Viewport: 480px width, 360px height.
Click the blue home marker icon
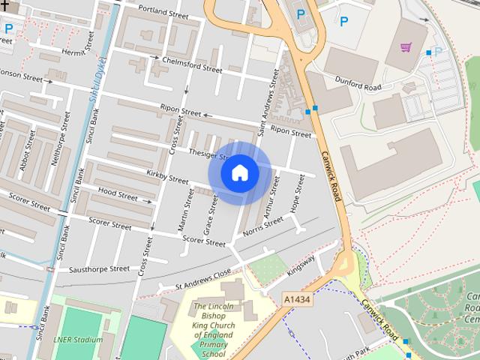coord(239,173)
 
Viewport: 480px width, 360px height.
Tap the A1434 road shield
coord(297,298)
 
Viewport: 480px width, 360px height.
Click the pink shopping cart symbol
coord(406,47)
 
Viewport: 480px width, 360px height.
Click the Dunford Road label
coord(358,84)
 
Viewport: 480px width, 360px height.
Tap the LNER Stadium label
coord(78,340)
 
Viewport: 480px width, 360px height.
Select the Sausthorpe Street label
coord(99,268)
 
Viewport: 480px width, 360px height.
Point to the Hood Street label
coord(118,194)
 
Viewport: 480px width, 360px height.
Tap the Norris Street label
coord(263,227)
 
